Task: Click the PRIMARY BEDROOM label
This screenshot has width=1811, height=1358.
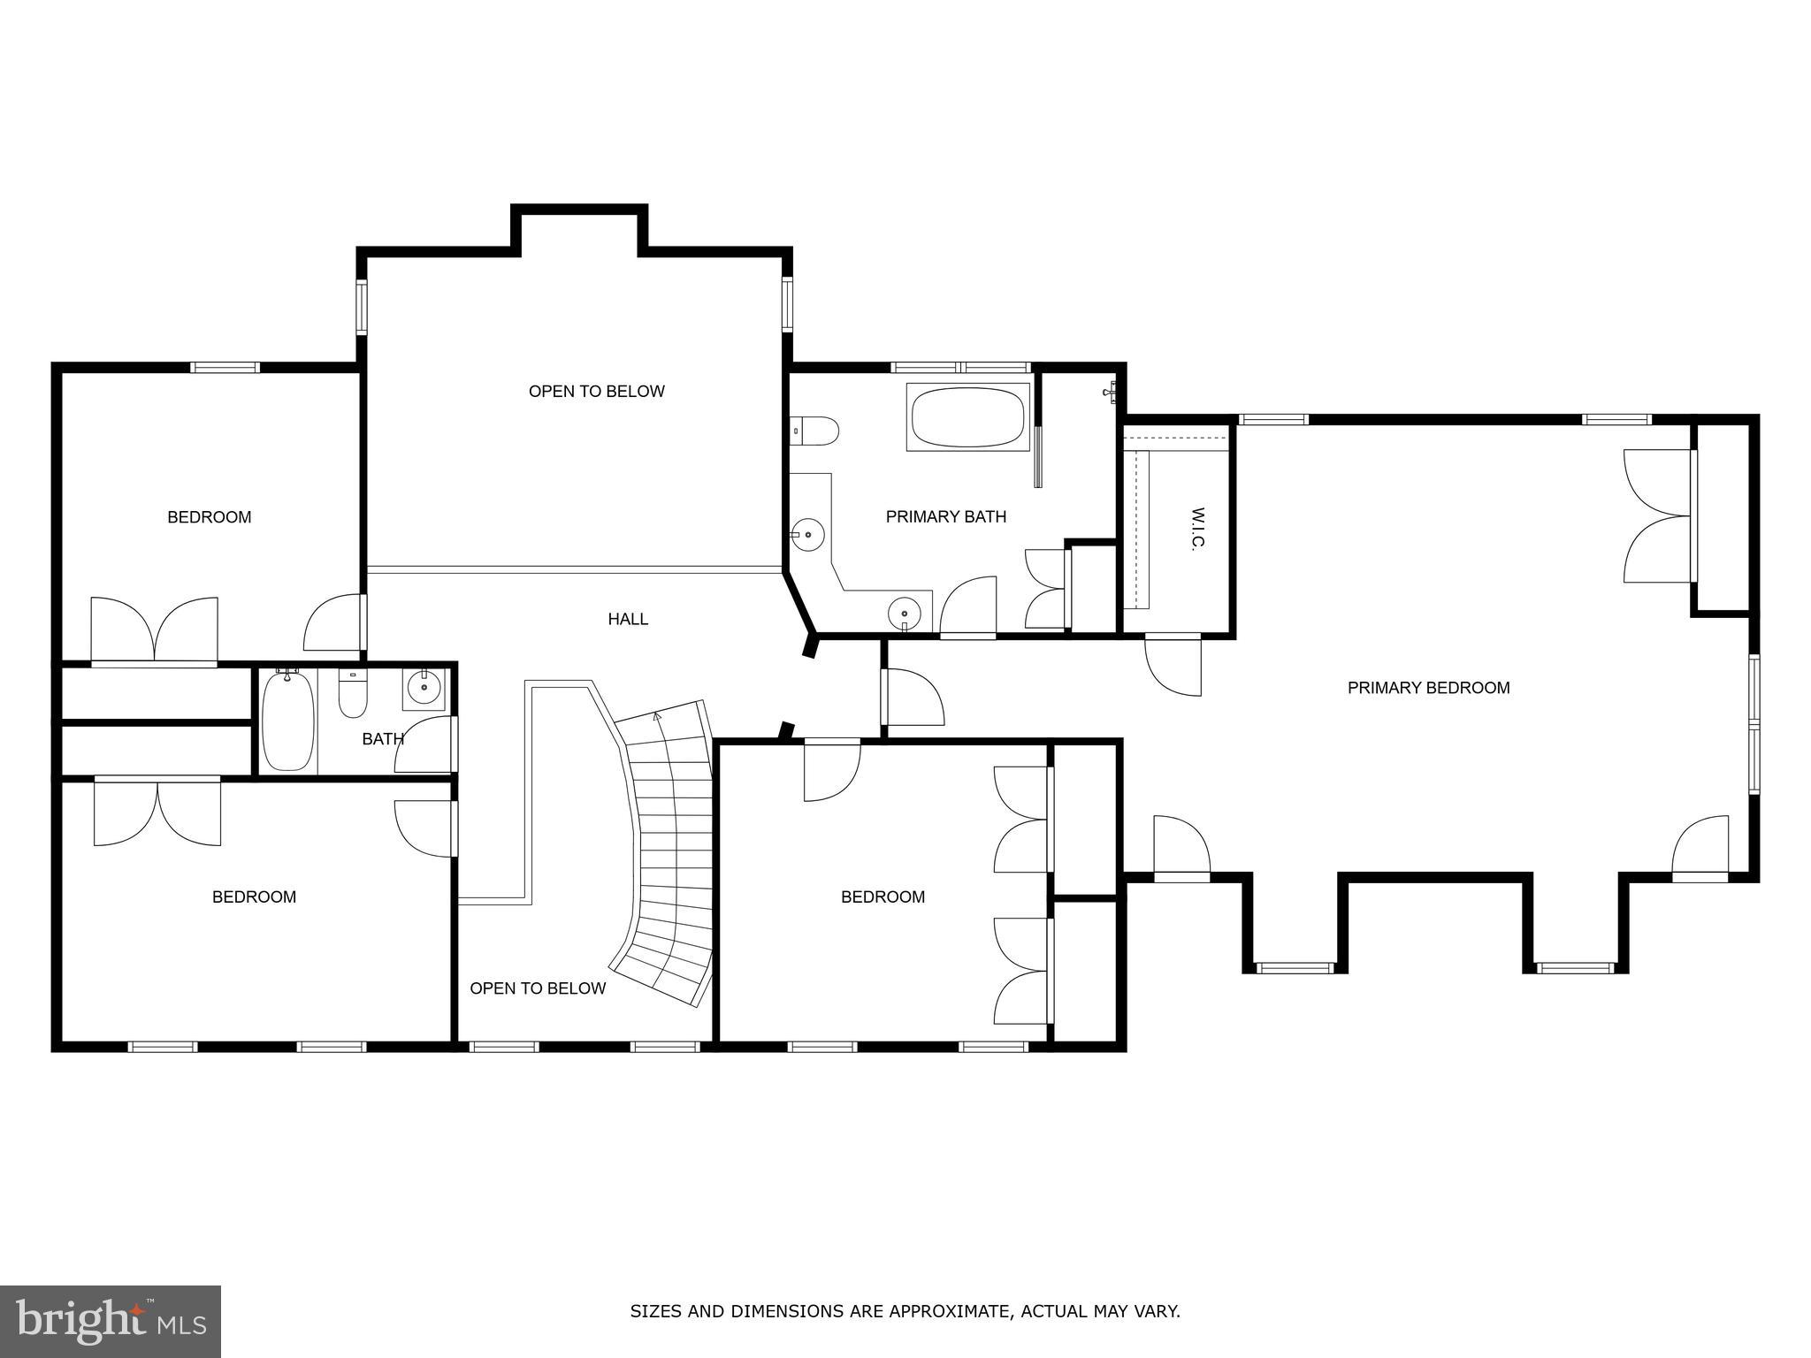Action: click(x=1428, y=687)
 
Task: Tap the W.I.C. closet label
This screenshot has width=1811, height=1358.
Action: click(x=1198, y=530)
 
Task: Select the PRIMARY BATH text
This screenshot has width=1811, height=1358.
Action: click(x=945, y=516)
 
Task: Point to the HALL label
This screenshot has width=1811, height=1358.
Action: click(x=628, y=619)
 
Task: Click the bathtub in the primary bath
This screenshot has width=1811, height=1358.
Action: click(x=967, y=416)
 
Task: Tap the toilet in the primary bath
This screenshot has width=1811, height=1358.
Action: click(x=814, y=431)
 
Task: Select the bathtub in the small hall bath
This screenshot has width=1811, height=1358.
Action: click(x=288, y=721)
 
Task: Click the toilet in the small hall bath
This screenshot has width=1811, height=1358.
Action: click(x=353, y=695)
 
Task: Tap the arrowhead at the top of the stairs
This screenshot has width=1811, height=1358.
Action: click(x=657, y=717)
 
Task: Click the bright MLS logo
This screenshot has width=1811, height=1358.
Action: click(x=111, y=1321)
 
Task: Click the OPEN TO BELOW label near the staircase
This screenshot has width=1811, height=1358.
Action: click(x=538, y=988)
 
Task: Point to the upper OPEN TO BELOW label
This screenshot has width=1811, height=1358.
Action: click(x=596, y=391)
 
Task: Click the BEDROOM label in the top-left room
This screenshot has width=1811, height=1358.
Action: click(x=210, y=517)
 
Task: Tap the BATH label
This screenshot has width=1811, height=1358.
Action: click(x=383, y=739)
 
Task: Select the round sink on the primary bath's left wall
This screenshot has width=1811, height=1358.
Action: click(x=807, y=534)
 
